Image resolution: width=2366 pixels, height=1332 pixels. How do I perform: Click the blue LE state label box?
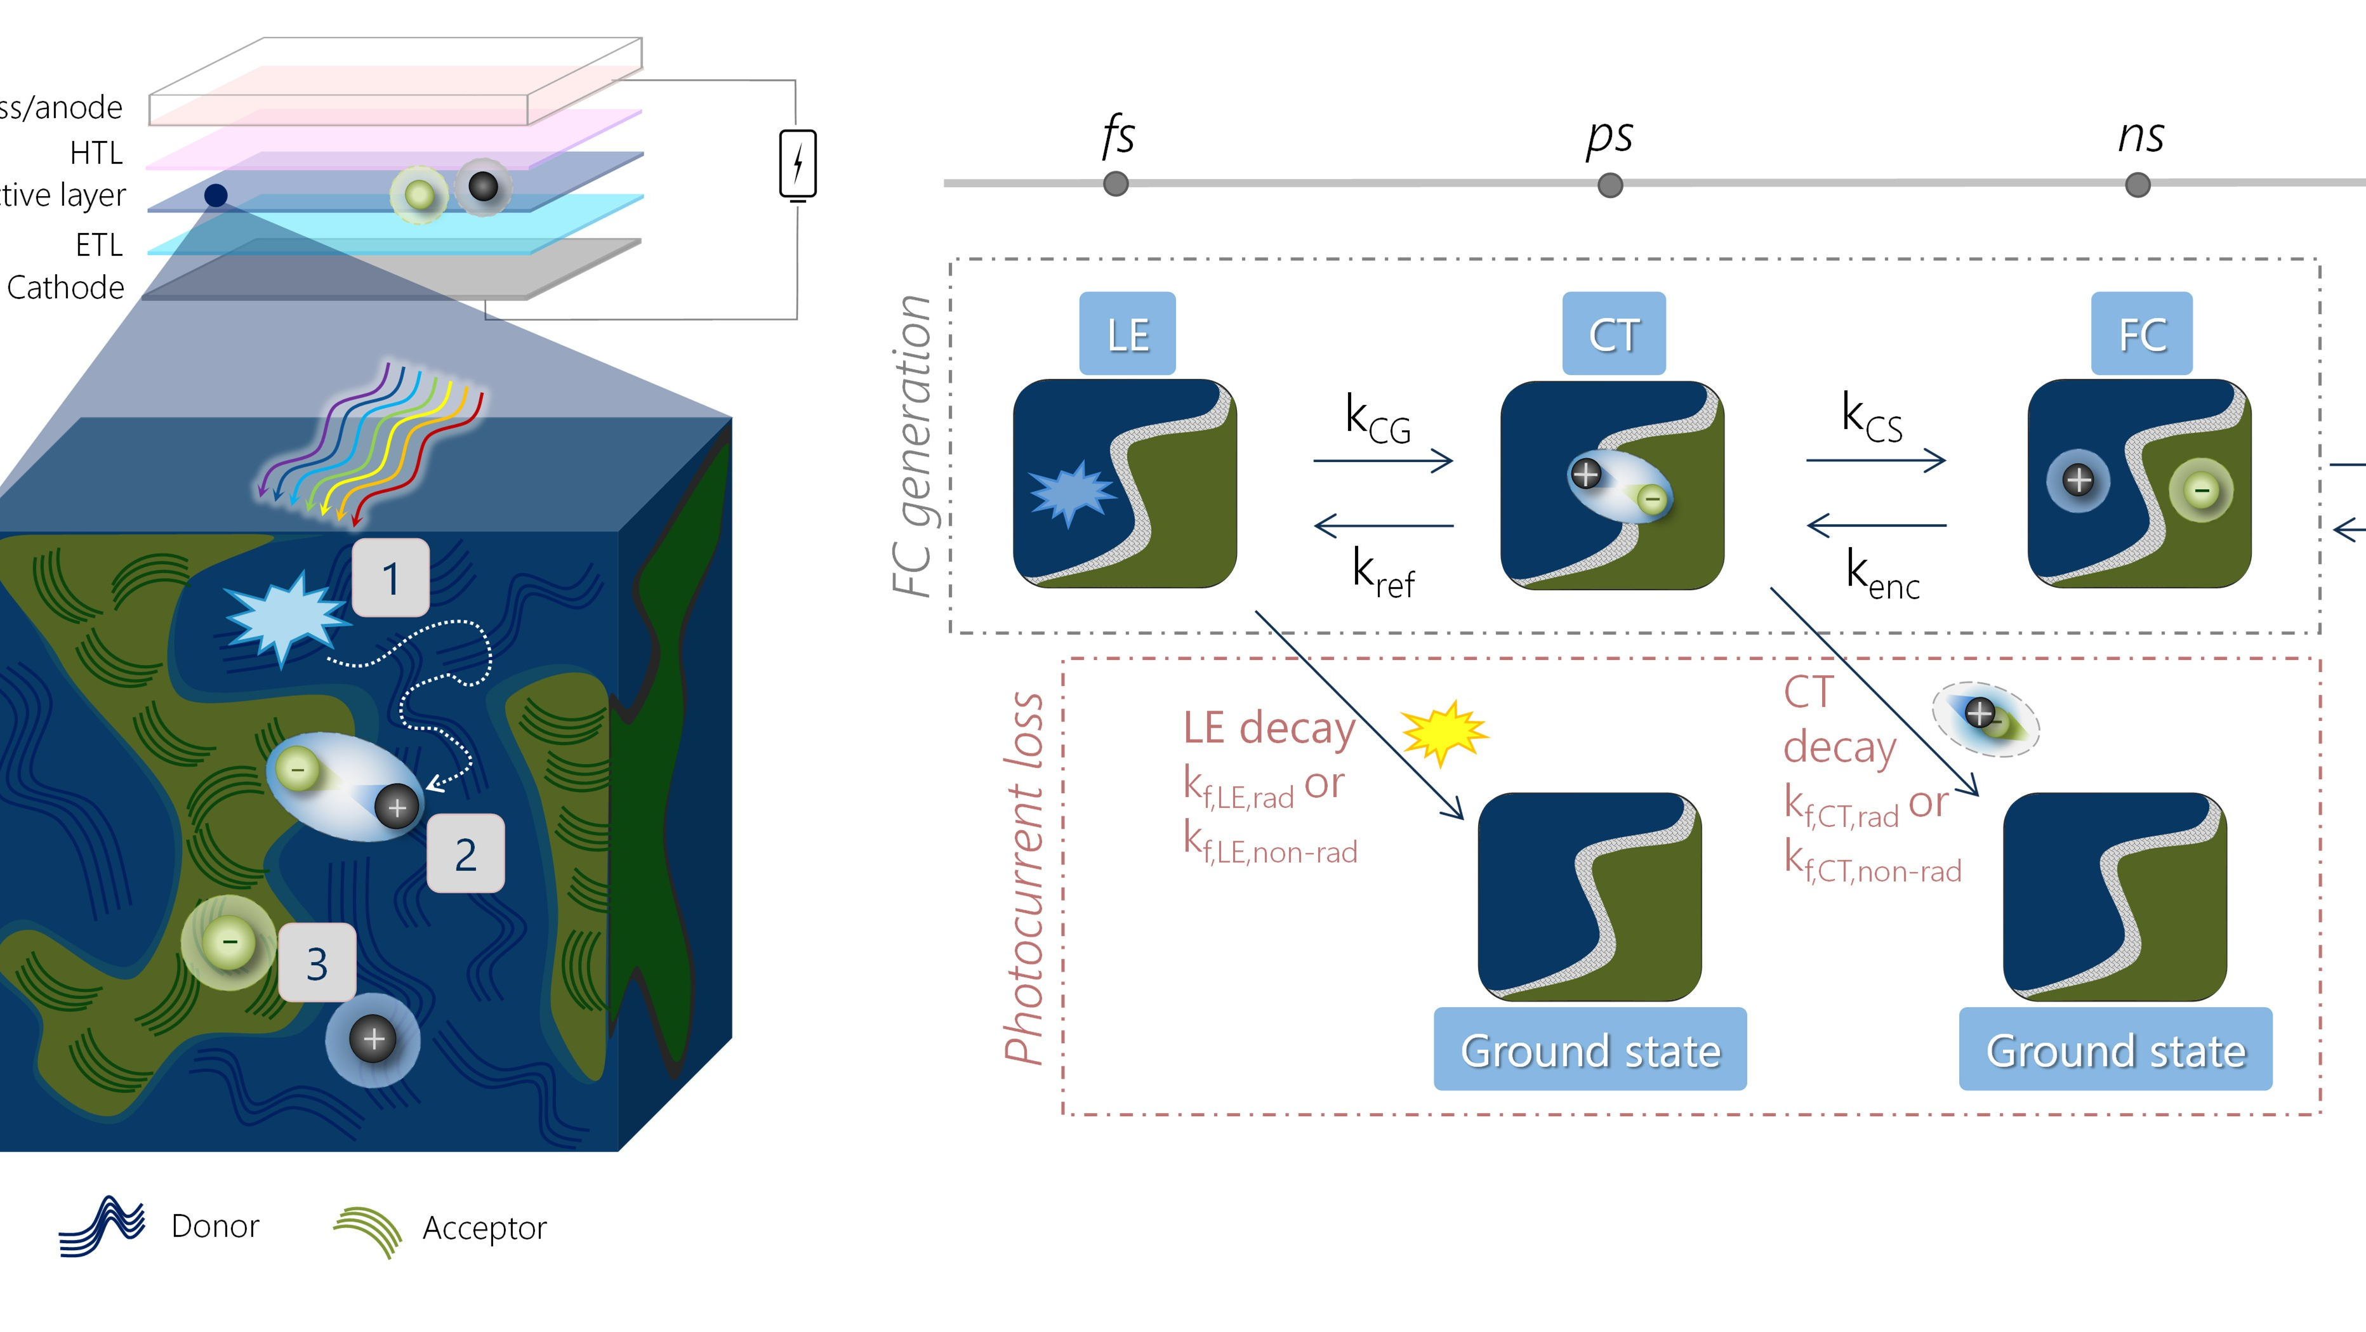(x=1127, y=333)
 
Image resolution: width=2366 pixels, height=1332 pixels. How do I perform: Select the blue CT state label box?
(x=1614, y=333)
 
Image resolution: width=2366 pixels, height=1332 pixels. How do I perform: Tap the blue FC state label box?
(x=2142, y=333)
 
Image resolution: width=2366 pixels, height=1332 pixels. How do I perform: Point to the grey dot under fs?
(x=1116, y=184)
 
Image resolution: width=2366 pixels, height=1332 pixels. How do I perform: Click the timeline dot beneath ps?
(x=1610, y=185)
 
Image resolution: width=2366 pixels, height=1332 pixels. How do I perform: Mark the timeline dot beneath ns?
(x=2138, y=185)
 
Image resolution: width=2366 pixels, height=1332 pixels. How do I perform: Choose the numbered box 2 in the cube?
(x=466, y=854)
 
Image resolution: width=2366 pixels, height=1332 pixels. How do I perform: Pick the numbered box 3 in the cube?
(x=317, y=963)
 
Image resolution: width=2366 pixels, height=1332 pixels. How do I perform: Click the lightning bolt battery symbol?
(x=797, y=164)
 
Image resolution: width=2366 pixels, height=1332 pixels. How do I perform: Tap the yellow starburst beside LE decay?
(x=1444, y=732)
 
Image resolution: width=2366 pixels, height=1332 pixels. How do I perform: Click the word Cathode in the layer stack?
(x=65, y=287)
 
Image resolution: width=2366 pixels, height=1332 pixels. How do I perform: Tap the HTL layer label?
(x=96, y=152)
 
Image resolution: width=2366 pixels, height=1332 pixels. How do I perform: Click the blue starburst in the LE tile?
(x=1071, y=493)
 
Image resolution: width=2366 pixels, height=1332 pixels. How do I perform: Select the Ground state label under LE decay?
(x=1590, y=1050)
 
